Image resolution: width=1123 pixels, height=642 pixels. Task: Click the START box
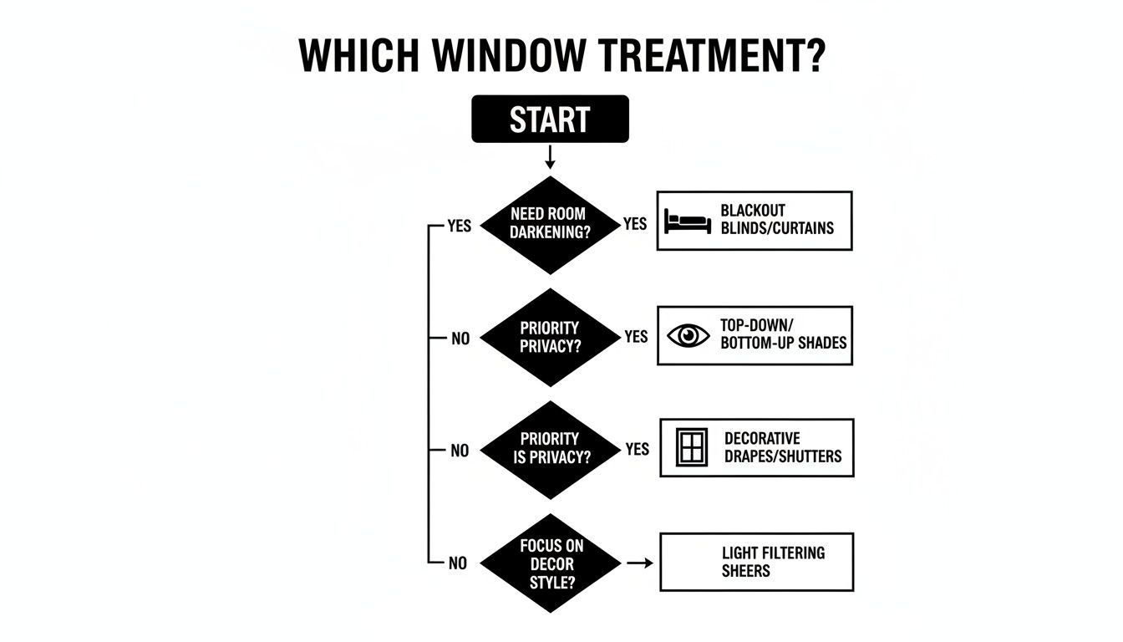[x=550, y=120]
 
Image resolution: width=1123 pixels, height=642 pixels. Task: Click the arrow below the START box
[x=550, y=157]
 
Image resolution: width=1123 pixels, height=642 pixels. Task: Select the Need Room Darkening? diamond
[x=549, y=224]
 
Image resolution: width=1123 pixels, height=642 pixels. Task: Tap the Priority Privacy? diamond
[x=549, y=337]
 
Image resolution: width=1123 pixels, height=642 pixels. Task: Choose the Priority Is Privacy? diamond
[x=549, y=449]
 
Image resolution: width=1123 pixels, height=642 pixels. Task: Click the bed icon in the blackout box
[x=688, y=222]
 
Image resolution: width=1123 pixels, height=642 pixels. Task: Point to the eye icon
[x=689, y=335]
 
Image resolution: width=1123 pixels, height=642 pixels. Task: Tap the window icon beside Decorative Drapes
[x=691, y=448]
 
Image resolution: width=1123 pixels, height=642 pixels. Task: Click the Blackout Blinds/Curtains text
[x=777, y=220]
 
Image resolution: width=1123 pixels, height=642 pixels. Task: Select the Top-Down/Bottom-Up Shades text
[x=783, y=334]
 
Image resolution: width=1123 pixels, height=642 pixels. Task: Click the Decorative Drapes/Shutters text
[x=783, y=447]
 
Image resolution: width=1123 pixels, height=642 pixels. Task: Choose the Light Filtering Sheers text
[x=773, y=562]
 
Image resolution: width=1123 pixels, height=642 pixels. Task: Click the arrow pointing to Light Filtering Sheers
[x=640, y=563]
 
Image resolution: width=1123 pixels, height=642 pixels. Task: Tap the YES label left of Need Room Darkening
[x=459, y=226]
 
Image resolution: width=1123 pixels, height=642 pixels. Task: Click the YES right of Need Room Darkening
[x=635, y=224]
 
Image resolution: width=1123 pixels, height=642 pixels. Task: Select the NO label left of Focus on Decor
[x=458, y=563]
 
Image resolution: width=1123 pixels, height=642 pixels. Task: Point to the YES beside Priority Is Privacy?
[x=637, y=449]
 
